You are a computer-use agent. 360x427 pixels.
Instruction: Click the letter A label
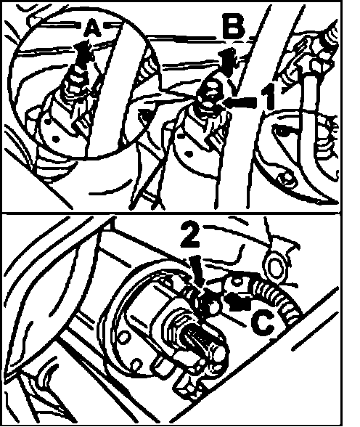click(x=92, y=29)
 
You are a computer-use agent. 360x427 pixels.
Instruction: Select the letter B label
click(x=234, y=26)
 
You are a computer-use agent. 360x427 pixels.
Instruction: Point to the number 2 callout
click(x=192, y=235)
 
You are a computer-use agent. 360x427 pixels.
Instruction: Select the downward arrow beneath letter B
click(x=229, y=62)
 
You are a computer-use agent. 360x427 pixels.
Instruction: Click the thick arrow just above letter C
click(x=237, y=301)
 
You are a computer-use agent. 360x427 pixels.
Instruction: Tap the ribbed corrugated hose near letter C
click(x=277, y=298)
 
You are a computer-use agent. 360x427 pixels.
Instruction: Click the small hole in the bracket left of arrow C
click(x=237, y=280)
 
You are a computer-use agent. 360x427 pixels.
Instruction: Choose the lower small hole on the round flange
click(x=136, y=364)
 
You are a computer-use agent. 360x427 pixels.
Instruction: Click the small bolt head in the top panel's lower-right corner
click(x=285, y=179)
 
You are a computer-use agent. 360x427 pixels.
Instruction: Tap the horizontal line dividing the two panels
click(x=171, y=212)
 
